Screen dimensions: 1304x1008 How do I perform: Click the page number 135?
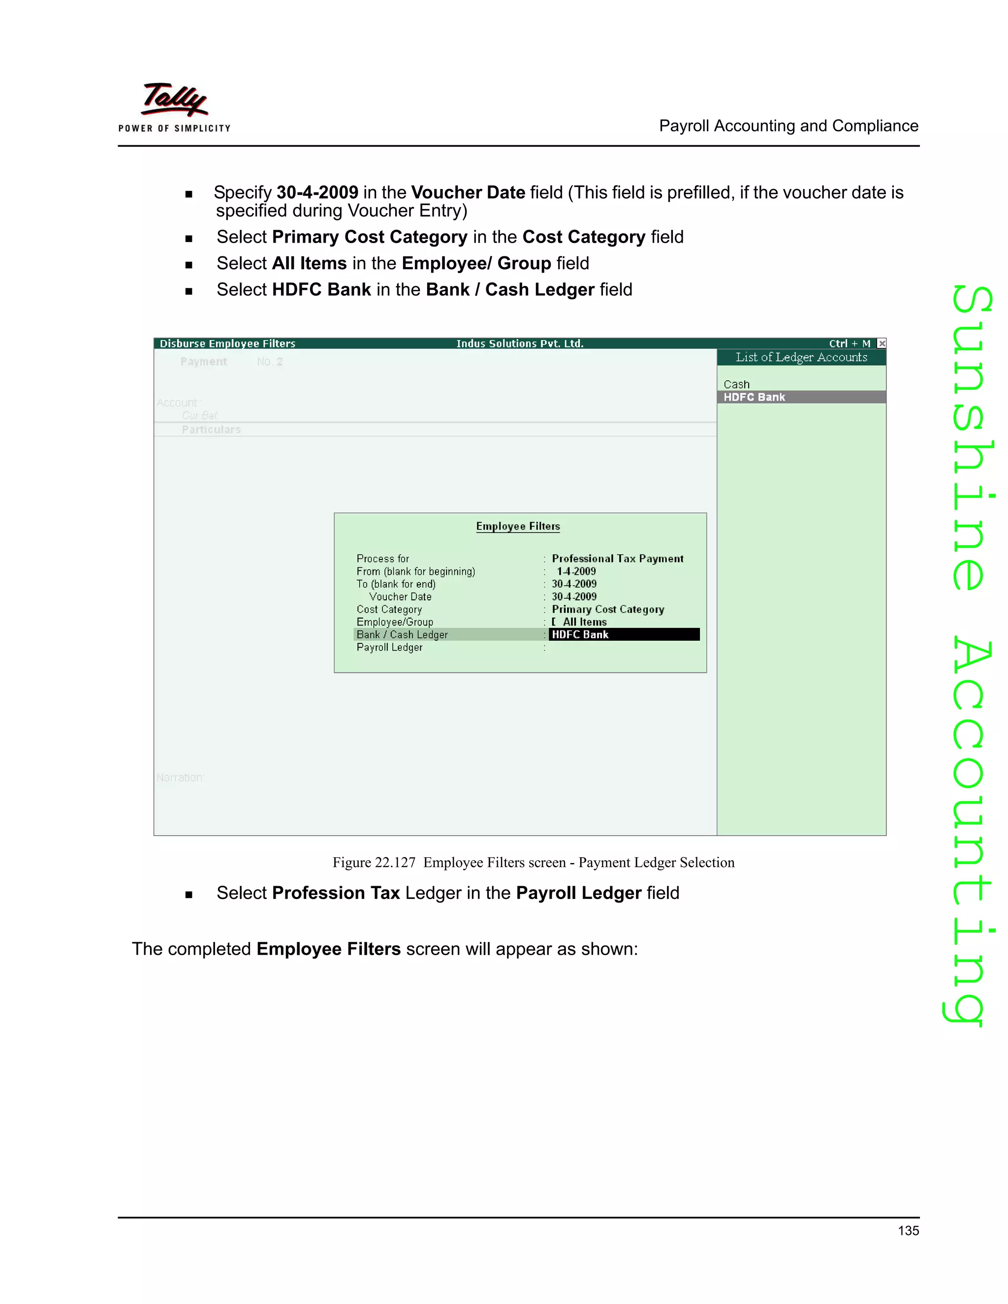(x=908, y=1231)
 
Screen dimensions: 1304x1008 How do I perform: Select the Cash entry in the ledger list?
(x=736, y=384)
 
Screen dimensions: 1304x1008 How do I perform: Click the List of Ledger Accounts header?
(x=801, y=357)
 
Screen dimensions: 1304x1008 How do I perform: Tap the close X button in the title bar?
(x=882, y=343)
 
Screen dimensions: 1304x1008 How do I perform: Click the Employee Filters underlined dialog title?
(x=518, y=526)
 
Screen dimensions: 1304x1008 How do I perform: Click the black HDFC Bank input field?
(x=624, y=635)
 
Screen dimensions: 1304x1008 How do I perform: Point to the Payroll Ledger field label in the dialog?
(x=389, y=647)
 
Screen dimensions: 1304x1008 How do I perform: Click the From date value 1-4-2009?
(x=576, y=571)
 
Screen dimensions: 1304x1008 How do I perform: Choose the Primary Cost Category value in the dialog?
(x=607, y=609)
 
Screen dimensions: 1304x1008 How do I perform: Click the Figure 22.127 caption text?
(x=533, y=862)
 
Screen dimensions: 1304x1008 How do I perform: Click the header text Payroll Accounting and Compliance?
(x=788, y=126)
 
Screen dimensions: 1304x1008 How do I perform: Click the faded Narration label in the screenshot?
(x=180, y=777)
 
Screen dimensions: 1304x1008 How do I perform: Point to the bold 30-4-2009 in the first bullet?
(x=317, y=192)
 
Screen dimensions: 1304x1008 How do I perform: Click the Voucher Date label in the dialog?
(x=400, y=596)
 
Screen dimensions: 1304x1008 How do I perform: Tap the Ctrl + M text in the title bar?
(x=849, y=343)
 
